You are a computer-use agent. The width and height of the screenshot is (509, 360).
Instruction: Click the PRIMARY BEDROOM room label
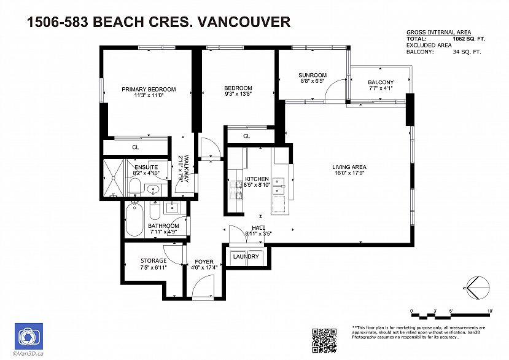tap(148, 89)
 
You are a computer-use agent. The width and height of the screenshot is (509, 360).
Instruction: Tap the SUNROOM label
tap(313, 75)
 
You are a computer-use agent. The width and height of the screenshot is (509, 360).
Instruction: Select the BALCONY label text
tap(381, 82)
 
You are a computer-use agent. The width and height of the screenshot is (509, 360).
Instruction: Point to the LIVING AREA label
tap(349, 166)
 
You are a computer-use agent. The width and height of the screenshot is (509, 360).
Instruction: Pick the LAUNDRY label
tap(246, 257)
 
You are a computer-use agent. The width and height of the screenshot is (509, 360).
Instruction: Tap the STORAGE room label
tap(153, 261)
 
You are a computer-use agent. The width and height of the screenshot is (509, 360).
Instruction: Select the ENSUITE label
tap(146, 167)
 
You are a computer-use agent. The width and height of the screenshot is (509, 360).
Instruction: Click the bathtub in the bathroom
tap(133, 221)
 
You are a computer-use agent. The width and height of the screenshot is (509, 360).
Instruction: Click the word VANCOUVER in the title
tap(242, 23)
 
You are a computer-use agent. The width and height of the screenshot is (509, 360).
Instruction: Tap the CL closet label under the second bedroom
tap(246, 136)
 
